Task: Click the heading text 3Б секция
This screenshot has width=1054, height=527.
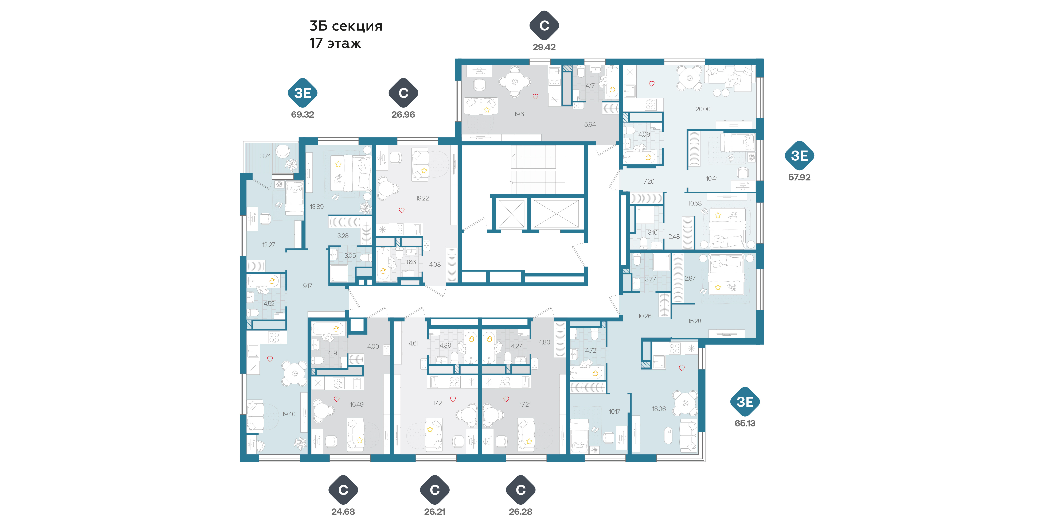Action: (346, 26)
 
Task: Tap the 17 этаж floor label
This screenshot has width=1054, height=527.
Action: (335, 43)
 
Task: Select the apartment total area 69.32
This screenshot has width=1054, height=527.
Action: (302, 114)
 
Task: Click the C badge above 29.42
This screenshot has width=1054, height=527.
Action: (544, 25)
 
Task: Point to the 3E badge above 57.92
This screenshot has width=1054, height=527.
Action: (799, 156)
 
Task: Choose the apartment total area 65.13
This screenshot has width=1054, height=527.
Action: (745, 423)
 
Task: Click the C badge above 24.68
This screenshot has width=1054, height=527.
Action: (343, 490)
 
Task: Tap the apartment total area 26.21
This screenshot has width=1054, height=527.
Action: (434, 512)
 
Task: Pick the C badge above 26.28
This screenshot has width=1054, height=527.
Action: (520, 490)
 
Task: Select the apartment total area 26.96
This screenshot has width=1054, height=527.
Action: (403, 114)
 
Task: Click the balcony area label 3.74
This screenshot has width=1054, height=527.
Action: (266, 156)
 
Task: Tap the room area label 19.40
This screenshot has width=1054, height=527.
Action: (288, 414)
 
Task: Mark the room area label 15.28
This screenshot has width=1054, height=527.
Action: (694, 321)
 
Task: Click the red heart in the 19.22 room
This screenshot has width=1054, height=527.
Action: (401, 210)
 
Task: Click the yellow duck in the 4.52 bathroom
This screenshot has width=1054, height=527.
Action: (272, 281)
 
